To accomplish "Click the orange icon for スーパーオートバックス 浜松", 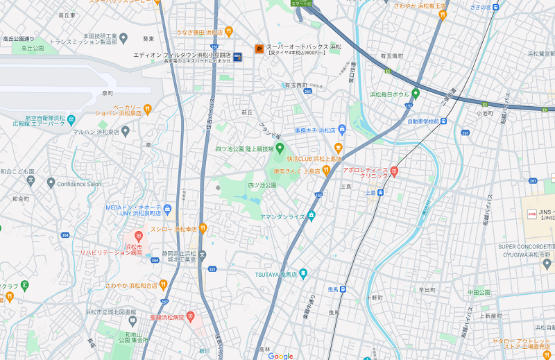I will click(259, 49).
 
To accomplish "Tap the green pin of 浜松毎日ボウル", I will click(416, 94).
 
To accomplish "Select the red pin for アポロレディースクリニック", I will click(394, 171).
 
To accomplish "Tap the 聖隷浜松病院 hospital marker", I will click(190, 316).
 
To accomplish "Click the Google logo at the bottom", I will click(281, 356).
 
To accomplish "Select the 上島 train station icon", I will click(381, 194).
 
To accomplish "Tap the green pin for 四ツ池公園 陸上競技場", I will click(281, 148).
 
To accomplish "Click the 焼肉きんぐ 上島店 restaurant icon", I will click(325, 170).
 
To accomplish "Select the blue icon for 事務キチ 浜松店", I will click(343, 130).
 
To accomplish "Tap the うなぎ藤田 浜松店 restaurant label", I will click(204, 32).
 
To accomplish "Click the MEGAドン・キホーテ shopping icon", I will click(167, 209).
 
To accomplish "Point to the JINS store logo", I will click(532, 213).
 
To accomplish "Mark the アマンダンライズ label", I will click(282, 216).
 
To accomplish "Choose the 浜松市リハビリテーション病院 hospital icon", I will click(138, 237).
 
